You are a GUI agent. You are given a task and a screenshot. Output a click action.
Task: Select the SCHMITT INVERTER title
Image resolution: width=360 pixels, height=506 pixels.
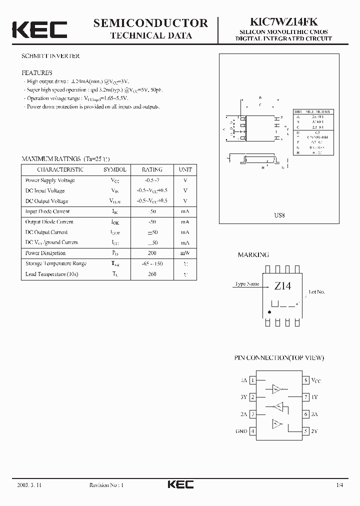point(50,56)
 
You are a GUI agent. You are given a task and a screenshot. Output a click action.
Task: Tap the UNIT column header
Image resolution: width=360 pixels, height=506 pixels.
point(185,169)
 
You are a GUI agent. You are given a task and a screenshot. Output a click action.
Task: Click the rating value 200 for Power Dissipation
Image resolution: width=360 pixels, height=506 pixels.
point(152,253)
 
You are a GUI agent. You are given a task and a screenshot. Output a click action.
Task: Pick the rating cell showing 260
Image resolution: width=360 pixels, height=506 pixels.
point(152,274)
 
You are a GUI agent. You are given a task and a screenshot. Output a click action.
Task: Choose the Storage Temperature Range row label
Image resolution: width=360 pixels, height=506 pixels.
point(55,263)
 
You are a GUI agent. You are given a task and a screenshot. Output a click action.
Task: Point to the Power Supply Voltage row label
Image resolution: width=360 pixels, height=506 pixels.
point(50,180)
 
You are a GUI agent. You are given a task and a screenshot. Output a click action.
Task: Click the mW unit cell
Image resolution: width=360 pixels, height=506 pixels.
point(185,253)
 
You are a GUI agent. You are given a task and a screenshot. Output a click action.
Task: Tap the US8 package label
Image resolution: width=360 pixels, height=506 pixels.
point(279,215)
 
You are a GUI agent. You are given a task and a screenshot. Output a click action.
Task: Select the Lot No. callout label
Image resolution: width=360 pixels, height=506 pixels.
point(317,291)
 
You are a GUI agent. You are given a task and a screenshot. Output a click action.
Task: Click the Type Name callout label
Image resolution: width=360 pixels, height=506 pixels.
point(247,284)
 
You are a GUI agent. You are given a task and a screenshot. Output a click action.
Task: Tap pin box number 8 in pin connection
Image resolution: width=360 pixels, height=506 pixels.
point(305,380)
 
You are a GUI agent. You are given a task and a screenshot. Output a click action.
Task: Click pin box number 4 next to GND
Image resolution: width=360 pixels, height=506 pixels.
point(253,431)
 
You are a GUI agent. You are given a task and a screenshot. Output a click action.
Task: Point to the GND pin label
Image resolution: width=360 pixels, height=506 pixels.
point(241,431)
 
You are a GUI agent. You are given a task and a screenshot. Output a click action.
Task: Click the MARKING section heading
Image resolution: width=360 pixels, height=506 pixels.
point(253,254)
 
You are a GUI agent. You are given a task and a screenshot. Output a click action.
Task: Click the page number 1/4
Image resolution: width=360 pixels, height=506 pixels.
point(340,485)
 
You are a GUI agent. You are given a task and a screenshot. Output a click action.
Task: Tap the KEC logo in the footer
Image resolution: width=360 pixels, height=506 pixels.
point(180,484)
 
